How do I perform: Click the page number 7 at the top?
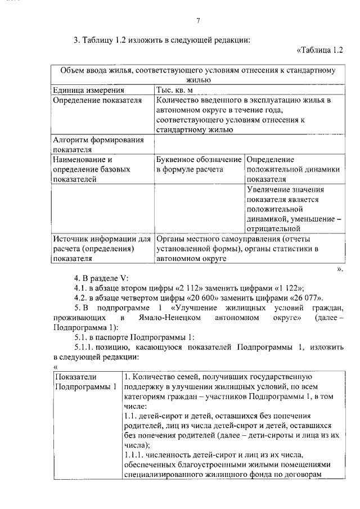point(198,21)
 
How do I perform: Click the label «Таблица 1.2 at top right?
point(319,51)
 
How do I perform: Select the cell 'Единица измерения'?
point(88,90)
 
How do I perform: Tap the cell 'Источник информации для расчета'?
point(101,249)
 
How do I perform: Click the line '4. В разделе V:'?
point(101,278)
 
